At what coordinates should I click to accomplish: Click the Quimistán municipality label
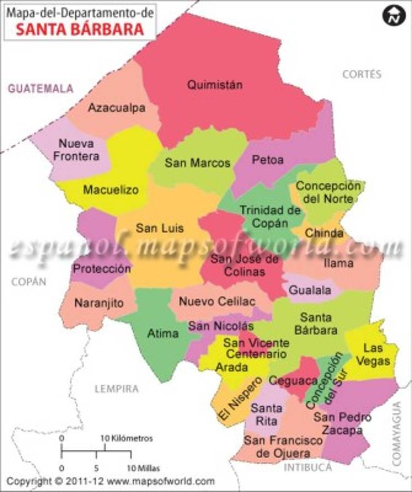click(x=215, y=85)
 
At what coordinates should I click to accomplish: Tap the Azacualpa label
click(x=117, y=108)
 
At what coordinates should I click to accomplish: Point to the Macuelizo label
click(x=111, y=190)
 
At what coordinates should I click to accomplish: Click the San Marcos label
click(x=198, y=162)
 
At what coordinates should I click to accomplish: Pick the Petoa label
click(x=268, y=160)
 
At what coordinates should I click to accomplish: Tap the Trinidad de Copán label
click(x=270, y=216)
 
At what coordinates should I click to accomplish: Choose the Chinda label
click(x=324, y=233)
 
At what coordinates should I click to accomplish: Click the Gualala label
click(x=310, y=290)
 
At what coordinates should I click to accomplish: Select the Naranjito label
click(x=99, y=303)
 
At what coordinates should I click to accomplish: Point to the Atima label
click(x=163, y=333)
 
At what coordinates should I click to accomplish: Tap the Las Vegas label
click(x=377, y=354)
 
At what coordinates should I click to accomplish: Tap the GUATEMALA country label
click(x=40, y=89)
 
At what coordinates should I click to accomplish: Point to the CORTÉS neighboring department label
click(x=362, y=74)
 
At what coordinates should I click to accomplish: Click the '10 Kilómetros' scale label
click(x=126, y=438)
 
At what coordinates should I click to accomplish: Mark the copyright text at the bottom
click(x=111, y=482)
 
